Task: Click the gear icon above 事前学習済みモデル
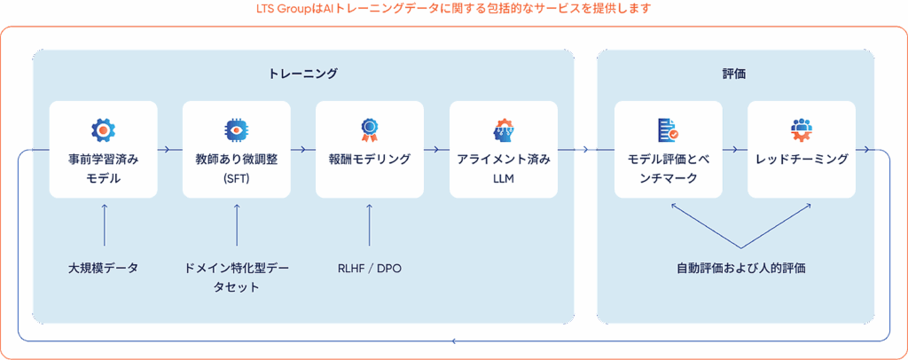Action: (x=103, y=130)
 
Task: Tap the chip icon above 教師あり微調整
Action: (x=237, y=130)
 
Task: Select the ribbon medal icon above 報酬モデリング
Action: (x=369, y=130)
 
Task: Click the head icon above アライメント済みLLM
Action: (x=504, y=130)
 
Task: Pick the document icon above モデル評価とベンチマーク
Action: (x=668, y=130)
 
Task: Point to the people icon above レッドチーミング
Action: (x=802, y=130)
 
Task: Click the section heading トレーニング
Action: (x=302, y=74)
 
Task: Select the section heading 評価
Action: (x=734, y=74)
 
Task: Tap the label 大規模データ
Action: (x=103, y=267)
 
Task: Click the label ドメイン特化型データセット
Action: (x=235, y=277)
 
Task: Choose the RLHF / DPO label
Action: (x=369, y=267)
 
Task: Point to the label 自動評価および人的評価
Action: (x=740, y=267)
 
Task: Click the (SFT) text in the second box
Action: (x=237, y=178)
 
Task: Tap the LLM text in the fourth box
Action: (x=503, y=178)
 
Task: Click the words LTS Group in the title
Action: (x=281, y=9)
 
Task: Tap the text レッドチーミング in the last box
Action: (x=802, y=160)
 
